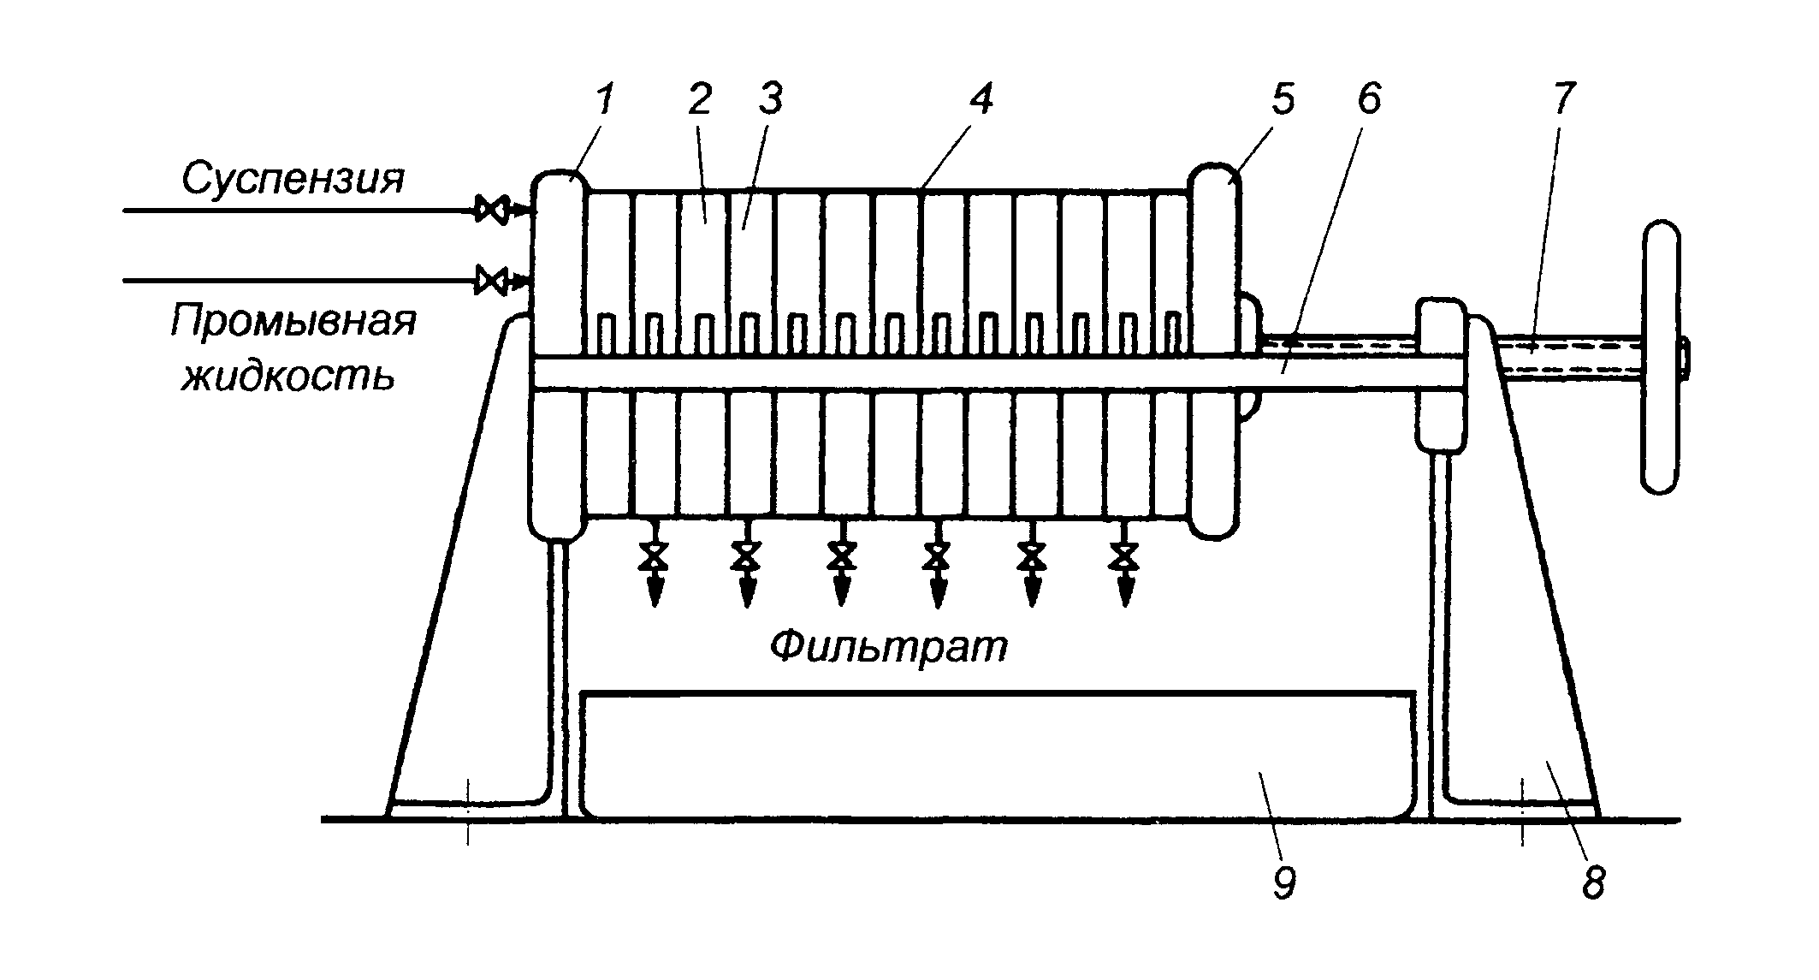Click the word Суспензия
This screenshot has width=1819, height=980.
pos(293,178)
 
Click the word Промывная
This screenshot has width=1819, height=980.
pos(293,323)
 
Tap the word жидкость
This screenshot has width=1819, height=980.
pos(288,374)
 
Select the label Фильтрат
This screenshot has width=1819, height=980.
pos(889,649)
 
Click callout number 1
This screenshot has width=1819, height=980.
pos(604,100)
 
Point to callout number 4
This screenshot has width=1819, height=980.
pos(981,100)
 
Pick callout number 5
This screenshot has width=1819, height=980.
pos(1281,100)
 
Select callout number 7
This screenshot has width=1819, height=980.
pos(1563,100)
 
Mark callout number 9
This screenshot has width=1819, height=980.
pos(1284,882)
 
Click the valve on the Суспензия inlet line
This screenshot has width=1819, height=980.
pos(492,209)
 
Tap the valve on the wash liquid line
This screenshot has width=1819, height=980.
pos(492,280)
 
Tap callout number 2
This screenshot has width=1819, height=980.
pos(699,100)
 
